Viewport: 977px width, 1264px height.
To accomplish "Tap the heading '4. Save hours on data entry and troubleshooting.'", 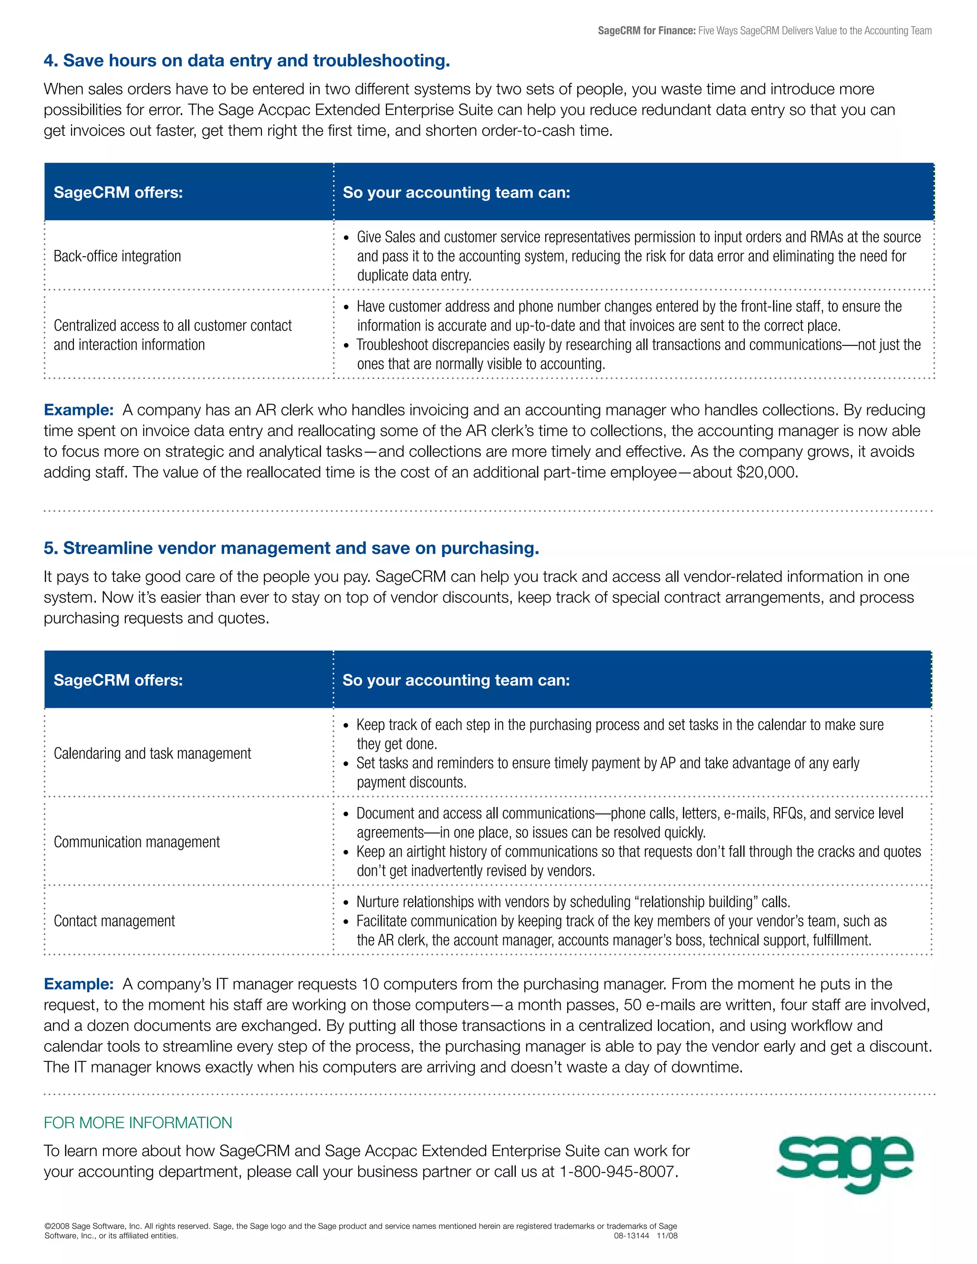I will pyautogui.click(x=247, y=60).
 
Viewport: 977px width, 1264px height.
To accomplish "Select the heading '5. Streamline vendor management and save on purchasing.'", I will pyautogui.click(x=291, y=548).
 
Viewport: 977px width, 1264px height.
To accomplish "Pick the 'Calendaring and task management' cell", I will pyautogui.click(x=152, y=753).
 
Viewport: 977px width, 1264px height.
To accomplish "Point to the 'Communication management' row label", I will pyautogui.click(x=136, y=841).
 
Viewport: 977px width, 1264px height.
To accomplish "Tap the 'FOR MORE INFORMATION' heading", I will pyautogui.click(x=138, y=1123).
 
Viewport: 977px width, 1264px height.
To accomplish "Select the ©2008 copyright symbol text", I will pyautogui.click(x=57, y=1226).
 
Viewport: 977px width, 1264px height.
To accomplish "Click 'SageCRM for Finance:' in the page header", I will pyautogui.click(x=646, y=31).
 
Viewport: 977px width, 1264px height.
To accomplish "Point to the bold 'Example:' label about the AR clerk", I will pyautogui.click(x=79, y=410).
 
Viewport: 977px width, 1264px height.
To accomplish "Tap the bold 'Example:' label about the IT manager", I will pyautogui.click(x=79, y=984).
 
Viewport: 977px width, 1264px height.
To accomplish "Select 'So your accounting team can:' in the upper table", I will pyautogui.click(x=456, y=192).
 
